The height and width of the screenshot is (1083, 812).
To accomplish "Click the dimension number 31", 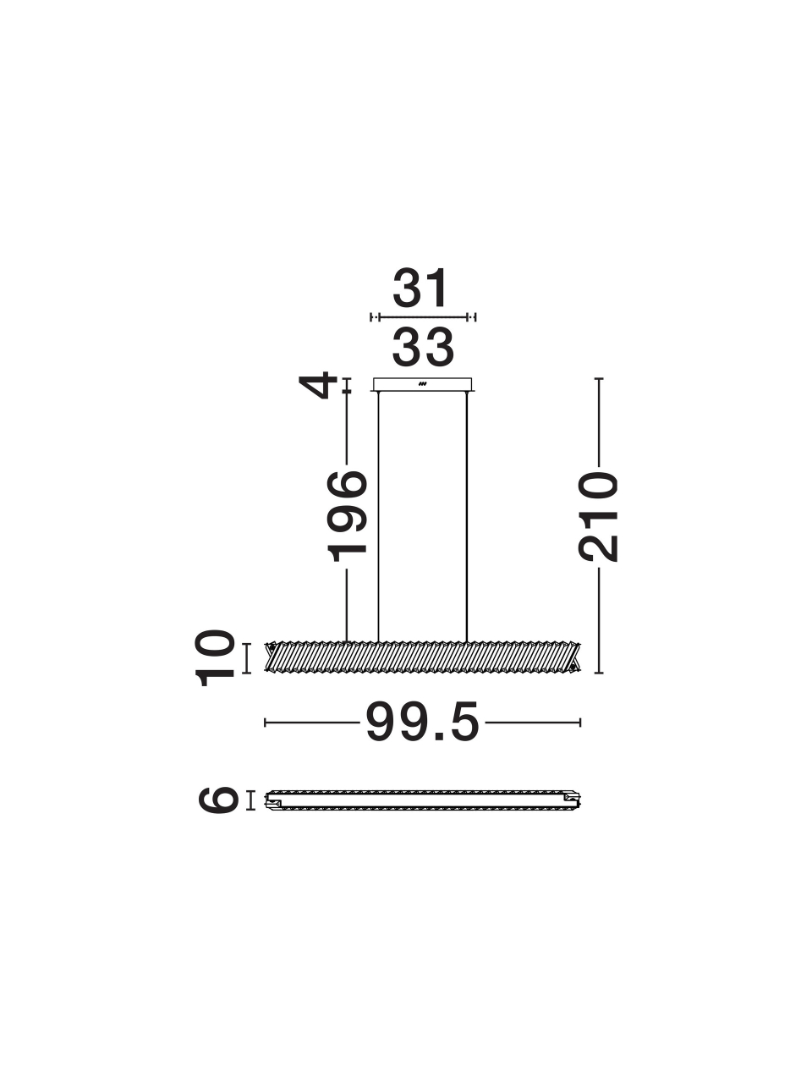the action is point(421,288).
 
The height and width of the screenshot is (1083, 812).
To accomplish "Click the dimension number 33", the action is point(423,348).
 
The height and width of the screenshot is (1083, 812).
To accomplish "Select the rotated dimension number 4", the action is point(318,385).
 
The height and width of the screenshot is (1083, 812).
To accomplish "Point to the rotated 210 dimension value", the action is point(598,517).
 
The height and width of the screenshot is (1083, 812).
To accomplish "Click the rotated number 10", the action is point(215,658).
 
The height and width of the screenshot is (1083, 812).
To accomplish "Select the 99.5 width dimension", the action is point(423,723).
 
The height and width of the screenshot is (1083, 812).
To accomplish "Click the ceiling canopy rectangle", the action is point(423,384).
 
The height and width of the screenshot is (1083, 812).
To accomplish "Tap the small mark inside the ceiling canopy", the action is point(422,383).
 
